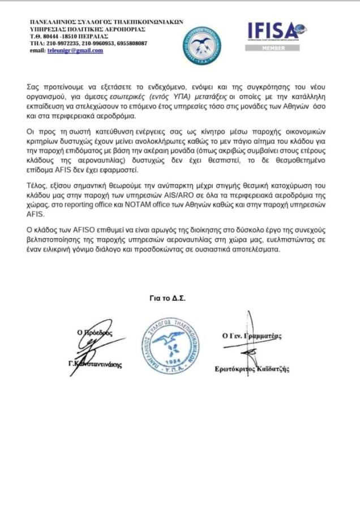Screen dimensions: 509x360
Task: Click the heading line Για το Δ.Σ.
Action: (x=168, y=297)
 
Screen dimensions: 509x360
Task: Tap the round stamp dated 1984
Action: (x=171, y=344)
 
